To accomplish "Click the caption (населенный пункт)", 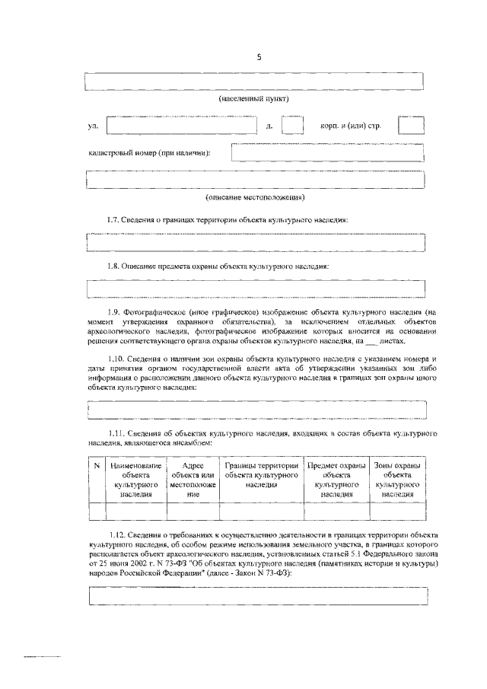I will pos(253,99).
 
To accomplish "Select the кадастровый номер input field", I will pos(327,153).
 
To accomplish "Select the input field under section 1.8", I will pos(256,289).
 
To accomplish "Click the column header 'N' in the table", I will pos(96,464).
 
